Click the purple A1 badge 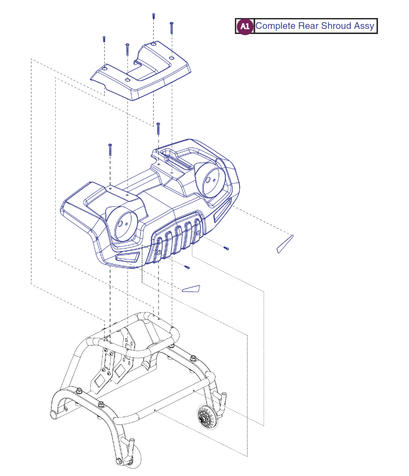click(x=245, y=26)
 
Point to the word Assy click(x=364, y=26)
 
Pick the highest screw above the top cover click(x=154, y=16)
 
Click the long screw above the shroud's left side click(x=110, y=150)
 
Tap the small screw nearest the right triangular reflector click(x=226, y=249)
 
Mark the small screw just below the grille click(x=187, y=267)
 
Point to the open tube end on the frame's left click(x=53, y=414)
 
